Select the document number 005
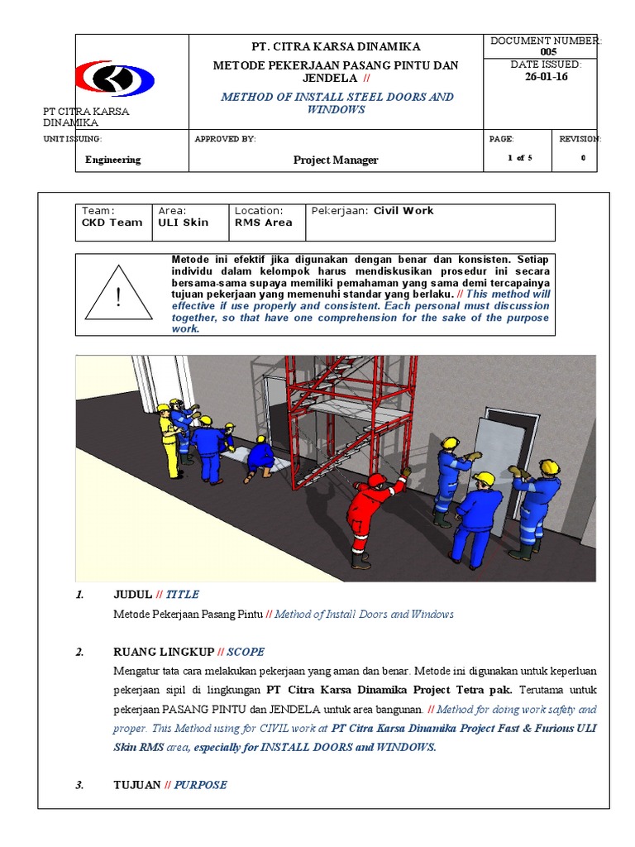[x=548, y=52]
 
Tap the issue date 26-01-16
[x=547, y=77]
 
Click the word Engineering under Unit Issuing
[x=112, y=160]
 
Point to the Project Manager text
[x=336, y=160]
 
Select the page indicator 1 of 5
[x=520, y=159]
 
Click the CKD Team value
[x=112, y=223]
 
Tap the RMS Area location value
[x=263, y=223]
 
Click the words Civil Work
[x=403, y=211]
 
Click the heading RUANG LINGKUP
[x=164, y=653]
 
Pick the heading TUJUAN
[x=136, y=785]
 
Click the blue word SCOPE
[x=246, y=653]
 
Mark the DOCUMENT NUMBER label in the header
[x=546, y=41]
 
